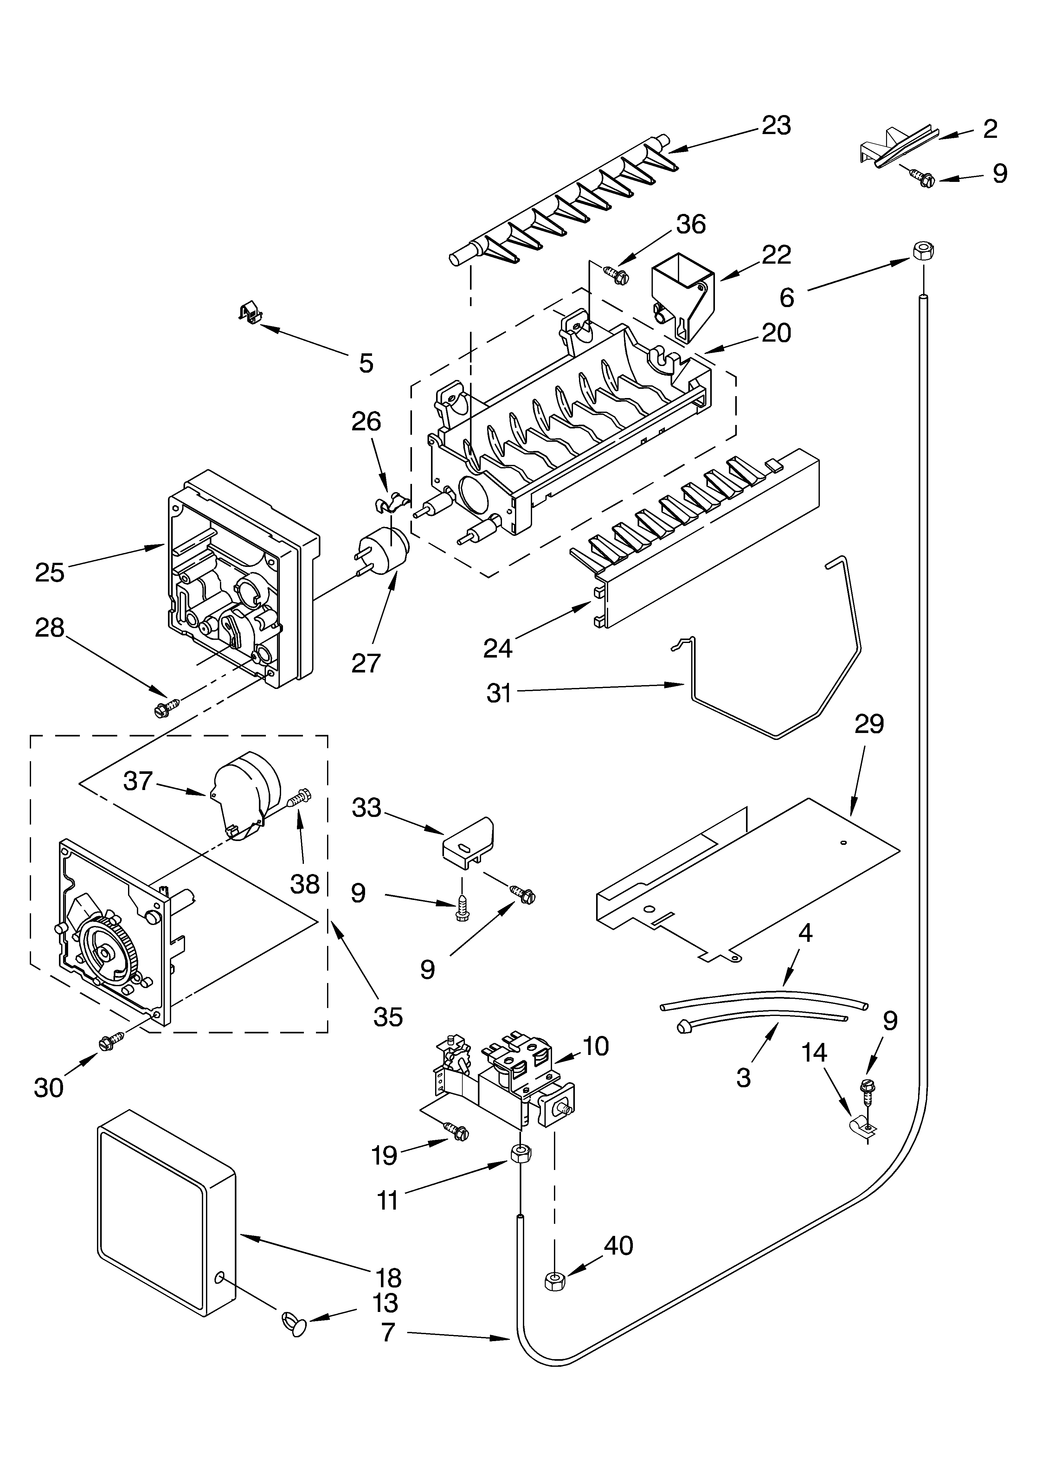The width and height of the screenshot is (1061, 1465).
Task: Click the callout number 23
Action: pyautogui.click(x=776, y=125)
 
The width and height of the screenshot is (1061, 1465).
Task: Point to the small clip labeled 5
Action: pyautogui.click(x=251, y=314)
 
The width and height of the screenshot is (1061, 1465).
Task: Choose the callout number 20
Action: pyautogui.click(x=776, y=333)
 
